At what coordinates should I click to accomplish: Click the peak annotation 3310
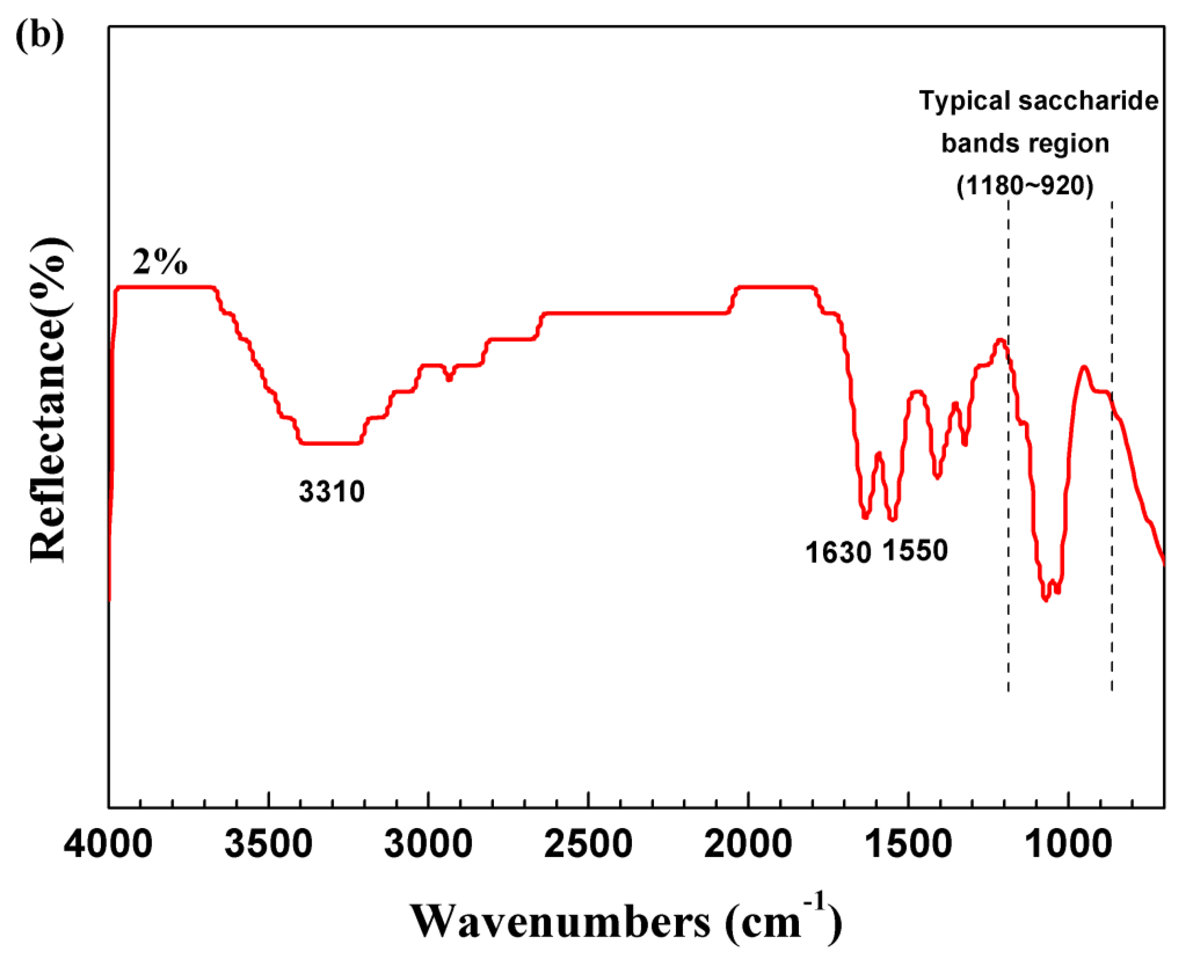pos(332,491)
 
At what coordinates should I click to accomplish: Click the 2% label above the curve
pos(159,262)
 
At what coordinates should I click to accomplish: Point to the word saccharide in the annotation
pos(1088,102)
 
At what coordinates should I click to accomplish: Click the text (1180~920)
pos(1025,186)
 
